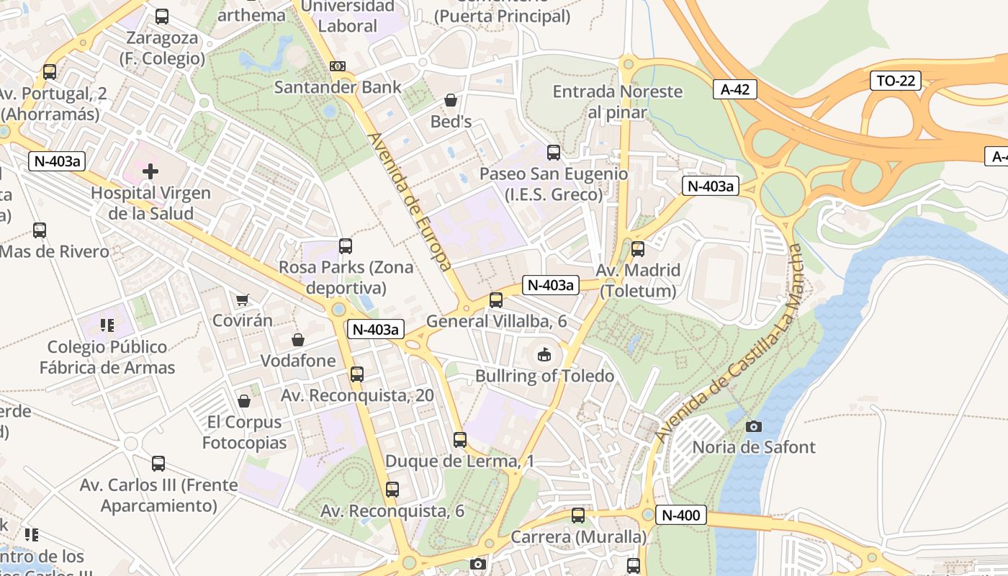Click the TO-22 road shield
click(x=896, y=81)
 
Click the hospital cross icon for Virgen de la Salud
click(x=150, y=171)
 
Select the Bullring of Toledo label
click(x=544, y=376)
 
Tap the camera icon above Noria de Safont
click(x=754, y=427)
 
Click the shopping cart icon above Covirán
click(x=243, y=300)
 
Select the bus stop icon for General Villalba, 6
click(x=496, y=300)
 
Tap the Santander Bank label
click(x=338, y=87)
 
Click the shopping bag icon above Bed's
click(x=451, y=100)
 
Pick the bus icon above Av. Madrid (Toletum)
click(x=638, y=249)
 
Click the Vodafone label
click(x=298, y=360)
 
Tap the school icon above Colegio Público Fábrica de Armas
click(x=107, y=325)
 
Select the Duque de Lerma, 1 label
click(x=459, y=461)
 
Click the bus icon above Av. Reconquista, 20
click(x=357, y=374)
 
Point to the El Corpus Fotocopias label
click(x=244, y=432)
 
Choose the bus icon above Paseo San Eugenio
click(x=554, y=153)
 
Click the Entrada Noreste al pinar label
click(x=617, y=102)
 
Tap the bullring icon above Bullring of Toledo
click(x=545, y=354)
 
